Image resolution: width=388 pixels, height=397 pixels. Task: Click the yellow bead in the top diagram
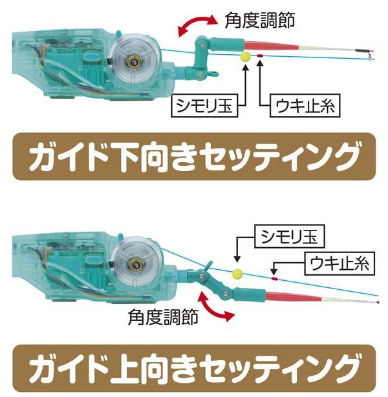pos(246,56)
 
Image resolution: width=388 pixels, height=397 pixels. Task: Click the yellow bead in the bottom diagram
pos(237,274)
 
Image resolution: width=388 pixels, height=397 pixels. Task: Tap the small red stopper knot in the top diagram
pos(260,56)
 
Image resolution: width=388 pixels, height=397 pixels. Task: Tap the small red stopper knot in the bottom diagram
pos(274,279)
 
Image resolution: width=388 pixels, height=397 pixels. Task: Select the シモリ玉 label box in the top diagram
pos(204,106)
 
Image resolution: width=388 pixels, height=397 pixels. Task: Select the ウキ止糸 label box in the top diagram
pos(305,106)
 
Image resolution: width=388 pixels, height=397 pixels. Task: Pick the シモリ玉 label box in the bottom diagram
pos(289,236)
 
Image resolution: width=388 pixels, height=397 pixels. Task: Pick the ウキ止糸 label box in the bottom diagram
pos(339,263)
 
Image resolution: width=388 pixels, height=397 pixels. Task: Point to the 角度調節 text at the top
pos(260,20)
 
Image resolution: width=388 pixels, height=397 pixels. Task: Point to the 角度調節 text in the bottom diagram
pos(163,317)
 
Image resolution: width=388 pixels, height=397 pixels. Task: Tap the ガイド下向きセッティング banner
pos(194,156)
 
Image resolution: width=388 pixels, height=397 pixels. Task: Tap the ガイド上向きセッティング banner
pos(194,369)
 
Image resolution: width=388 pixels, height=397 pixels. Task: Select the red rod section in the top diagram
pos(272,46)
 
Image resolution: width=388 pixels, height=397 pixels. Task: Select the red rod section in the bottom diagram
pos(294,296)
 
